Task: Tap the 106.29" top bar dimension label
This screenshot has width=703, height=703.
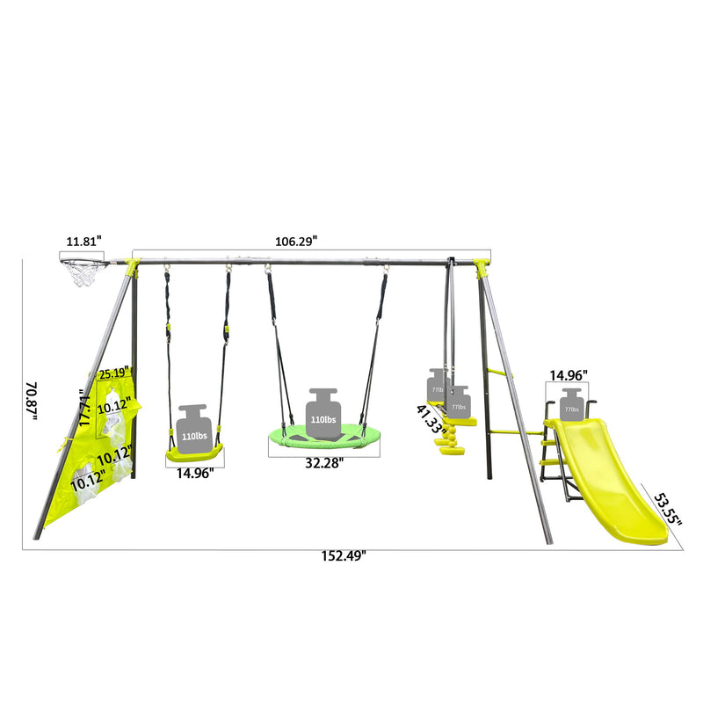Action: [x=292, y=240]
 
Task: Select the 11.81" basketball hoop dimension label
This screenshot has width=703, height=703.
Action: [x=85, y=240]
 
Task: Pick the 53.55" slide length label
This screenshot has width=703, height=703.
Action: [x=667, y=510]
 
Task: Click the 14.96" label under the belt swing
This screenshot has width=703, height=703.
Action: [x=194, y=471]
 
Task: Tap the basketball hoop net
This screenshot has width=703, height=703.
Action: [x=86, y=273]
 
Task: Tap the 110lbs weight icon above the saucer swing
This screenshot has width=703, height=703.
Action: [x=323, y=409]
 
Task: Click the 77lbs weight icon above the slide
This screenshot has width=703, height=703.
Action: [x=572, y=404]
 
